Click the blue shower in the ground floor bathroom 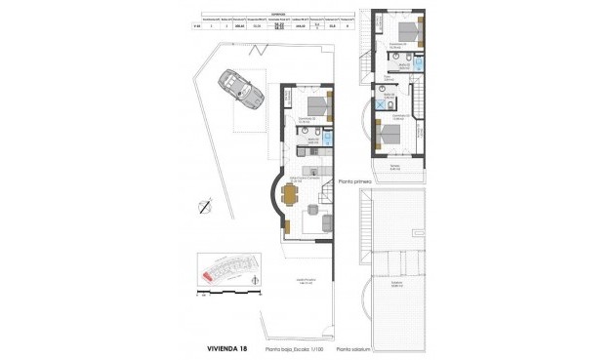[x=328, y=140]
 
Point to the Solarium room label [x=396, y=285]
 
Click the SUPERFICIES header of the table [x=279, y=13]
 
